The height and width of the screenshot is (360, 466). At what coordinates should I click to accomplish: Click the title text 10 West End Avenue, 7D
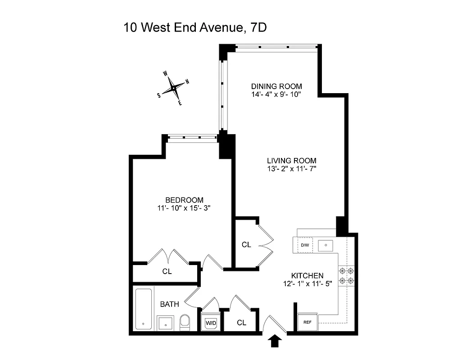[195, 28]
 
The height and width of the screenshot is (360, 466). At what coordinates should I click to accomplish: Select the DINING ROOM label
[276, 86]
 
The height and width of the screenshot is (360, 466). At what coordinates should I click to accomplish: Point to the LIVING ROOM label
[291, 161]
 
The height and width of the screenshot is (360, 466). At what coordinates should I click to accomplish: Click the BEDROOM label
[184, 200]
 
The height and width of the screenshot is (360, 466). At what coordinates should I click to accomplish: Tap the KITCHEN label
[307, 275]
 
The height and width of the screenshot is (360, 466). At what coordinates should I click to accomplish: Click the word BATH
[169, 304]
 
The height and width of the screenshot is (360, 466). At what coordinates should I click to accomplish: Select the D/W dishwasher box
[305, 245]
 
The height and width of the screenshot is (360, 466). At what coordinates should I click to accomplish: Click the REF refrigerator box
[308, 322]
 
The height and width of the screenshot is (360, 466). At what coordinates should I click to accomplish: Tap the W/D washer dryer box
[211, 323]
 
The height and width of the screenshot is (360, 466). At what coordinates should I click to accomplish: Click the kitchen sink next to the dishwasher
[325, 245]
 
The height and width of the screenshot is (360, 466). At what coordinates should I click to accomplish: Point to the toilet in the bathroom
[185, 322]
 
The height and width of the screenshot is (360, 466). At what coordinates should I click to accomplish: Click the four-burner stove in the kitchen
[347, 275]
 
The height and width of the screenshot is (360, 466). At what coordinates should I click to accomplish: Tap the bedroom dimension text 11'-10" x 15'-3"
[184, 208]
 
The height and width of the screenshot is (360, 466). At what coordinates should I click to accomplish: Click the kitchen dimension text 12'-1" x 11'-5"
[307, 283]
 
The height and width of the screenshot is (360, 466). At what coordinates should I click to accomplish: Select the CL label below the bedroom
[167, 272]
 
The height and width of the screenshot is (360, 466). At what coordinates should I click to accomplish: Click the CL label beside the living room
[246, 245]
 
